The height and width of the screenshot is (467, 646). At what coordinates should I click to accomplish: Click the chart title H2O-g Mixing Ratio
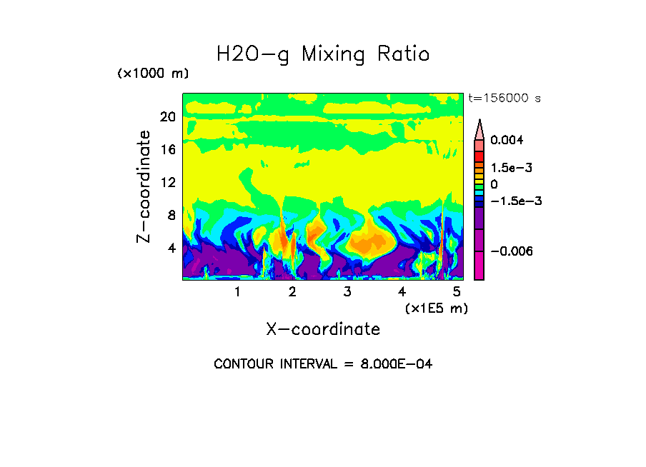pos(323,54)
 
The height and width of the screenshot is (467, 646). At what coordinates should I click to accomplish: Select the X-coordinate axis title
pos(323,328)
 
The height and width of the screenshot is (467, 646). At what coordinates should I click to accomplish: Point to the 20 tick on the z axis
pos(167,117)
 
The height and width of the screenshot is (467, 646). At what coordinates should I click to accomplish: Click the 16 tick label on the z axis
pos(167,150)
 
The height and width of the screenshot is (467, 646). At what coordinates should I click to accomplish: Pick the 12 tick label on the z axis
pos(167,183)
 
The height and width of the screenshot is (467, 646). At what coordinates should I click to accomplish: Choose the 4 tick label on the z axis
pos(171,248)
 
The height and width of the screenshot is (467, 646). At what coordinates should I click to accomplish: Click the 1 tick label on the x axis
pos(237,291)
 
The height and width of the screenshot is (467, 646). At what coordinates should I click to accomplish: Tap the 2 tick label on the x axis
pos(292,291)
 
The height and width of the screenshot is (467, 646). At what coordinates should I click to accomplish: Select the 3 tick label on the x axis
pos(347,291)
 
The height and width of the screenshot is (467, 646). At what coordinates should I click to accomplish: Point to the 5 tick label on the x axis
pos(457,291)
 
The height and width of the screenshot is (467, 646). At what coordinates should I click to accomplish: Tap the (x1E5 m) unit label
pos(436,308)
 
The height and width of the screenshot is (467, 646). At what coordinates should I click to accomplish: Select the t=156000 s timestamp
pos(504,98)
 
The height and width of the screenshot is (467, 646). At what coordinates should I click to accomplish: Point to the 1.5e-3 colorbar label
pos(512,168)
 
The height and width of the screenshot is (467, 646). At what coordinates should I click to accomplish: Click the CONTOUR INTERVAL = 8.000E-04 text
pos(323,364)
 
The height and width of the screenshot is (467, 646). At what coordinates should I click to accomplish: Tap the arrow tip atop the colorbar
pos(479,121)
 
